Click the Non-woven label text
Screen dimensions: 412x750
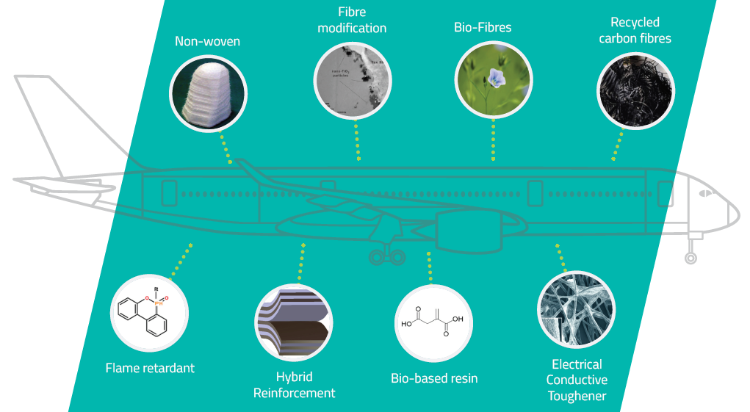tap(207, 42)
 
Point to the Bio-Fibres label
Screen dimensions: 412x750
tap(483, 28)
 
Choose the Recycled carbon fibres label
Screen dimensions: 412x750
tap(635, 30)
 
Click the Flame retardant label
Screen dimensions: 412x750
tap(151, 367)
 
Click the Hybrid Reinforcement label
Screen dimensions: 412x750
tap(294, 385)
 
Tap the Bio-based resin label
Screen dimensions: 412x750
tap(434, 378)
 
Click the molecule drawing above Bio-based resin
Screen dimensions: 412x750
tap(433, 322)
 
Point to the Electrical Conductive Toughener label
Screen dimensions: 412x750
tap(577, 380)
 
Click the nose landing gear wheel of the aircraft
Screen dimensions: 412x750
tap(690, 258)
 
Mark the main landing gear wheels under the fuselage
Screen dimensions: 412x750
tap(386, 256)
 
